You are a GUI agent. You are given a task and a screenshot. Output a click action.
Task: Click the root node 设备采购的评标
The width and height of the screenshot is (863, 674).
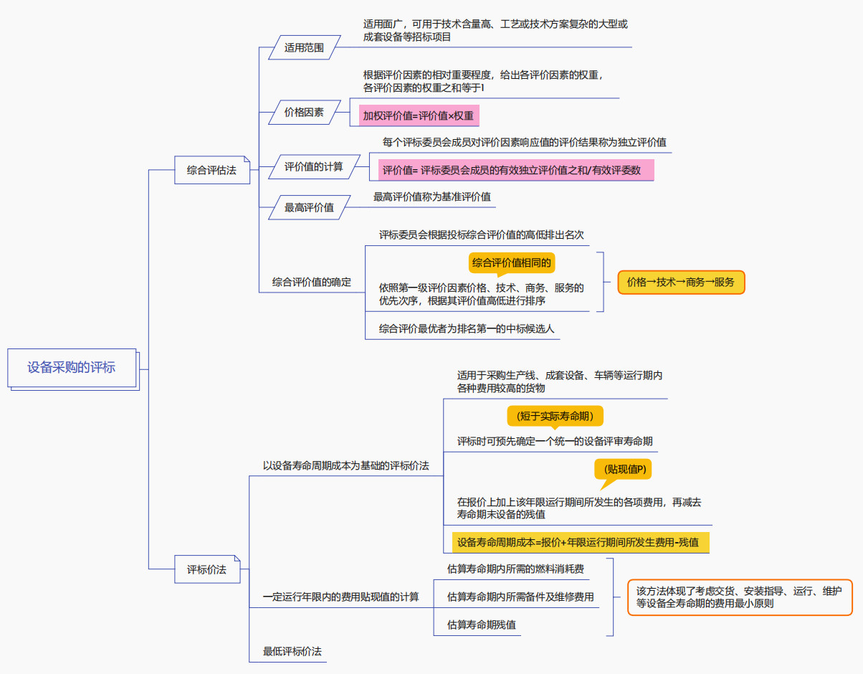pyautogui.click(x=72, y=368)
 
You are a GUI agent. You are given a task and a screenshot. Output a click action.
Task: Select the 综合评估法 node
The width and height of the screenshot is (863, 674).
pyautogui.click(x=211, y=171)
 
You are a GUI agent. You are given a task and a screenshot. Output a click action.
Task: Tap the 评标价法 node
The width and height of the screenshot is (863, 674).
pyautogui.click(x=206, y=569)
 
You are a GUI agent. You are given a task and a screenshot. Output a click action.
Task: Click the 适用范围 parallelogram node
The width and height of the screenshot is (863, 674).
pyautogui.click(x=304, y=48)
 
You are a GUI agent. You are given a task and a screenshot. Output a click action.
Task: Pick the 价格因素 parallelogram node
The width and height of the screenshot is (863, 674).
pyautogui.click(x=304, y=113)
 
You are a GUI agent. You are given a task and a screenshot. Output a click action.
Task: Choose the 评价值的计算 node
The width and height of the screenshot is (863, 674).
pyautogui.click(x=313, y=167)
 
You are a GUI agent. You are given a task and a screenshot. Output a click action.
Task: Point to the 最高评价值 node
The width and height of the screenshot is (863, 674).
pyautogui.click(x=309, y=208)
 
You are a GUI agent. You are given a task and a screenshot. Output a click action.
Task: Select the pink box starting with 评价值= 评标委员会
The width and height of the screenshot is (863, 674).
pyautogui.click(x=516, y=171)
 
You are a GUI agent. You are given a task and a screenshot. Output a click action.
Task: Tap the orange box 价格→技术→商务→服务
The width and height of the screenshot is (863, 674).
pyautogui.click(x=681, y=283)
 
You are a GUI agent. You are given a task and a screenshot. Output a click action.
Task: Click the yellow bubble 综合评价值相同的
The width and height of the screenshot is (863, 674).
pyautogui.click(x=512, y=262)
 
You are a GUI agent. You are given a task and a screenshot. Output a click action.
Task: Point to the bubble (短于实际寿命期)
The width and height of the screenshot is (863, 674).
pyautogui.click(x=555, y=416)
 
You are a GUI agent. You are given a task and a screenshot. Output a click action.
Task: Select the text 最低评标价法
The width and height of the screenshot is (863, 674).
pyautogui.click(x=292, y=652)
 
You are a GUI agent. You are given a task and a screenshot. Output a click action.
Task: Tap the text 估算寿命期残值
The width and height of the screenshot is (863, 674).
pyautogui.click(x=482, y=625)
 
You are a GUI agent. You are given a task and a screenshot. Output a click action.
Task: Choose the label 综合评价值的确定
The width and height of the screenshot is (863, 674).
pyautogui.click(x=312, y=283)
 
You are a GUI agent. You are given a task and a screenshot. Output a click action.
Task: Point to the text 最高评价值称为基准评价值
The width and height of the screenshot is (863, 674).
pyautogui.click(x=432, y=196)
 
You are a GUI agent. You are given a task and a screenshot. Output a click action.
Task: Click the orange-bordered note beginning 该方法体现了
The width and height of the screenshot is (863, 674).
pyautogui.click(x=740, y=597)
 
